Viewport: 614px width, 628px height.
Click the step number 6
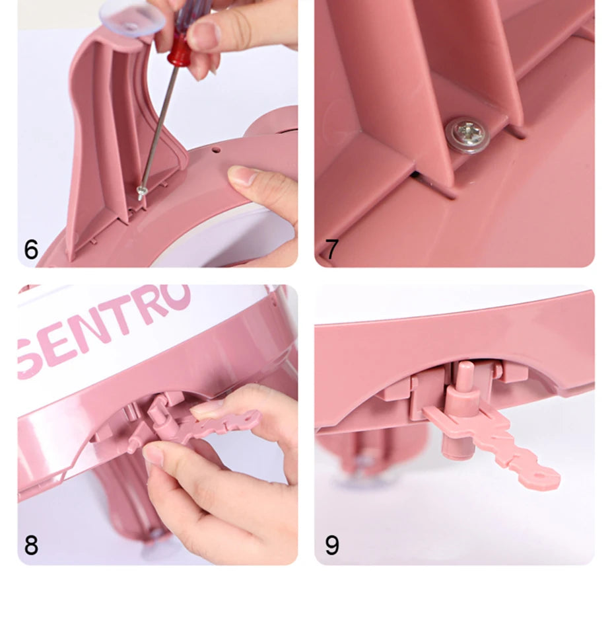pos(31,250)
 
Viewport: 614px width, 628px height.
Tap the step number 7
pos(331,250)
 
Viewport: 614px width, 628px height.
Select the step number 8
pos(31,546)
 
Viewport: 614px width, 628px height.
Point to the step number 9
pos(332,546)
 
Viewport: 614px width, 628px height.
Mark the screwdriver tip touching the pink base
pos(141,194)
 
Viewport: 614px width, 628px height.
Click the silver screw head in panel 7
pos(460,135)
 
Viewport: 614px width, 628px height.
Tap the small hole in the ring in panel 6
pos(215,151)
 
